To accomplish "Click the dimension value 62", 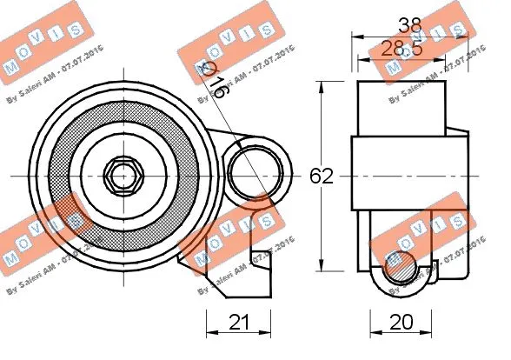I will (322, 177).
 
